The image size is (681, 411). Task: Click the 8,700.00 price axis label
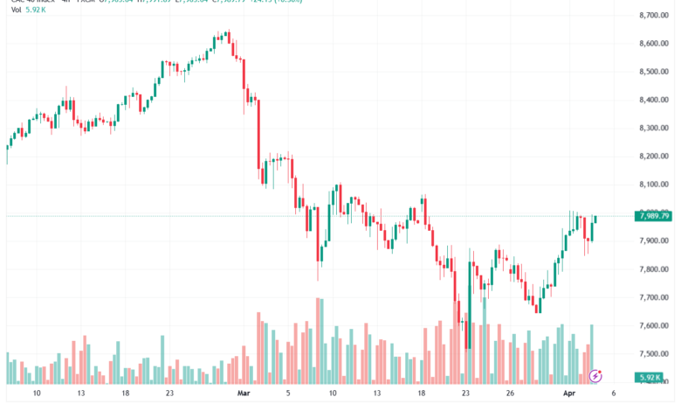point(653,16)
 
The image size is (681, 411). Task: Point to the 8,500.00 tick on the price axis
point(653,72)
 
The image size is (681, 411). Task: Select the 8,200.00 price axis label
point(653,157)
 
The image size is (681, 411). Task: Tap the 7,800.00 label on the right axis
point(653,269)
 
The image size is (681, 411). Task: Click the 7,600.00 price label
point(653,325)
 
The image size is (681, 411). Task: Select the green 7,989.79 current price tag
point(654,216)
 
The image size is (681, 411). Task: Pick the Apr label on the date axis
point(568,394)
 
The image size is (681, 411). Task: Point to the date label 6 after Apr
point(615,394)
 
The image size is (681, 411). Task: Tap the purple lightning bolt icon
point(595,376)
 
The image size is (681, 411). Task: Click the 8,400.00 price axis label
point(653,100)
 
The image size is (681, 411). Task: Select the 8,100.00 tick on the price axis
point(653,185)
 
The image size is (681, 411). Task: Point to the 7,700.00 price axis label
point(653,297)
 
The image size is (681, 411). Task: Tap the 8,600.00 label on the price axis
point(653,44)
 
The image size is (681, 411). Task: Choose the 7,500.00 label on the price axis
point(653,353)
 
